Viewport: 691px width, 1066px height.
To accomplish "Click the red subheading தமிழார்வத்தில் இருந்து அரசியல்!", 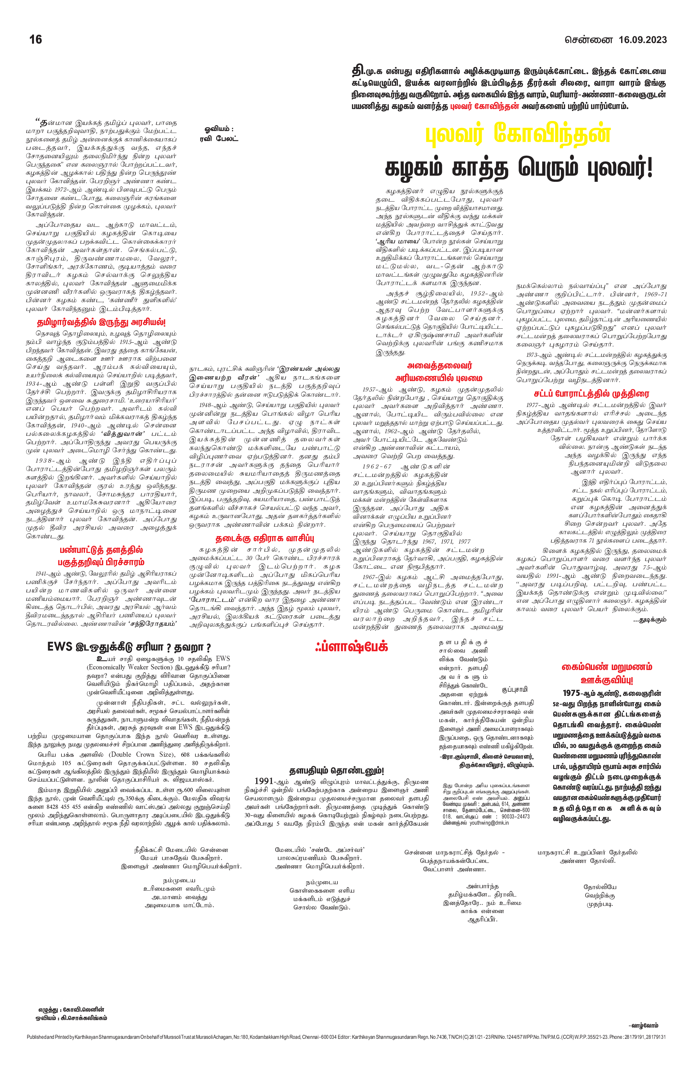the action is tap(101, 323).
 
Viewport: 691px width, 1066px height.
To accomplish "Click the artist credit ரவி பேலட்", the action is tap(219, 138).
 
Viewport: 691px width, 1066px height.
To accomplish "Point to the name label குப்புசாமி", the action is tap(515, 689).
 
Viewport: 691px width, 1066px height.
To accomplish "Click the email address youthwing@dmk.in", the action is tap(489, 822).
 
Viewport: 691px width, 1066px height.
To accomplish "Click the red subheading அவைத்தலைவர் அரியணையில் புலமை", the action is tap(439, 372).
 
